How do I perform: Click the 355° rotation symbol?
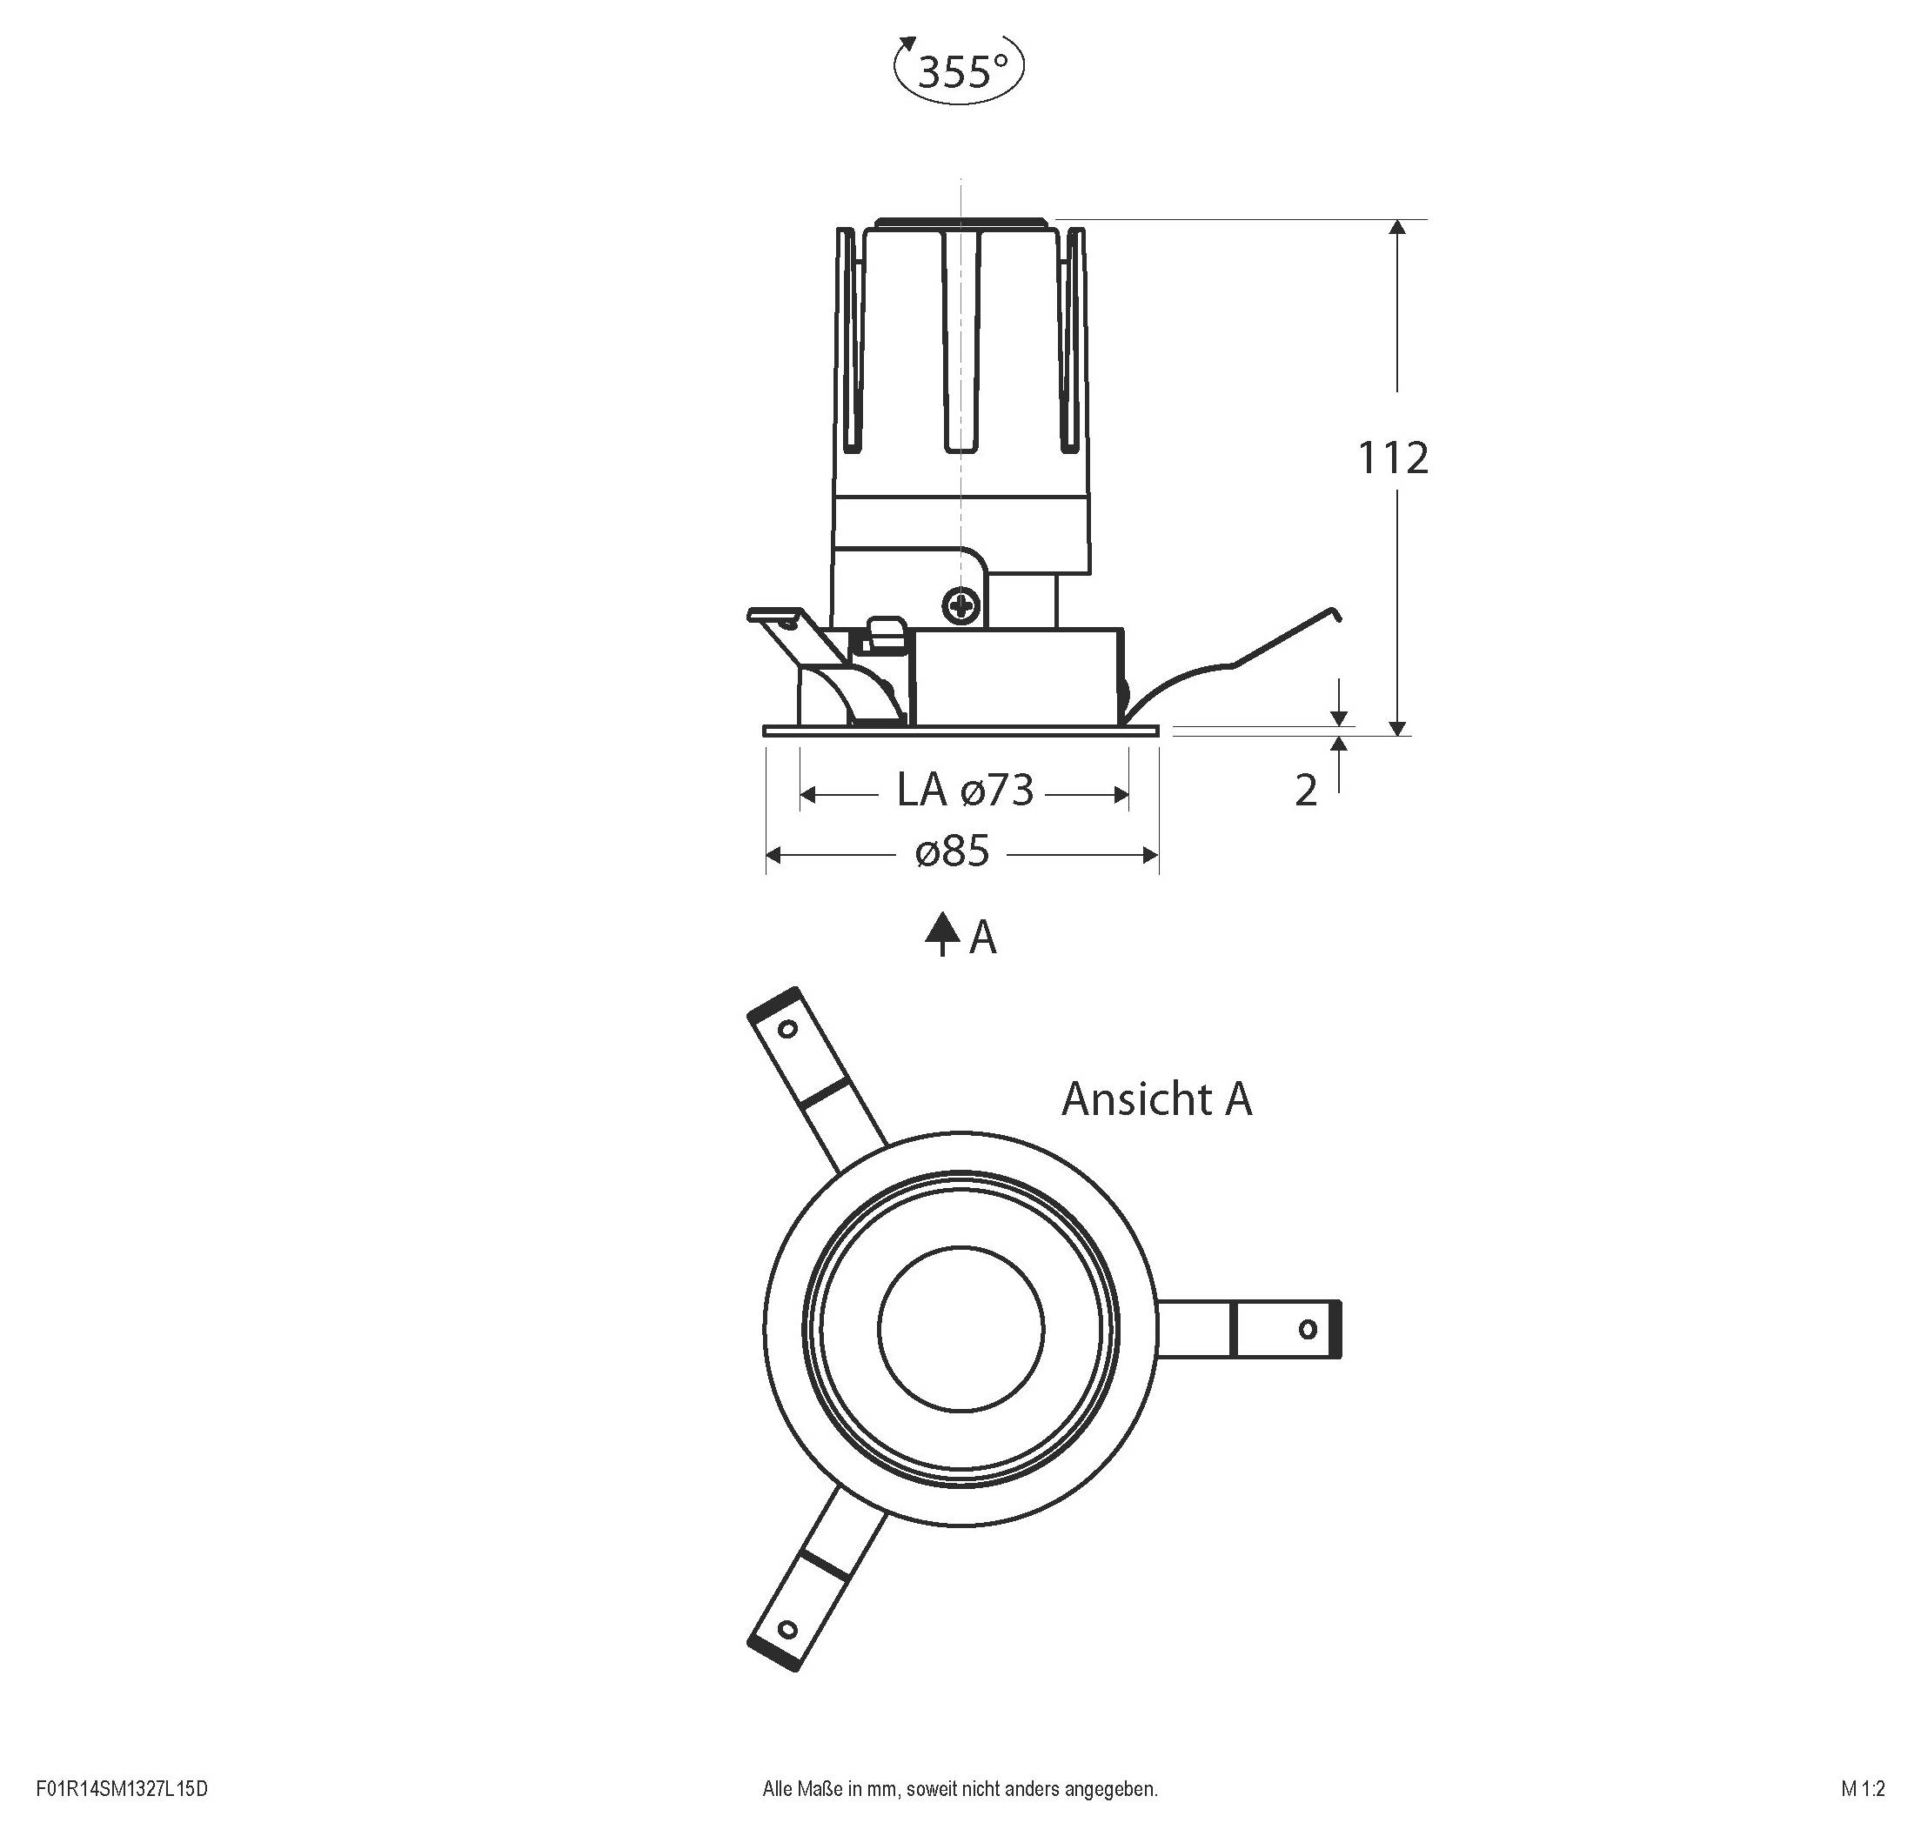959,70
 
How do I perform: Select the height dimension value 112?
1392,458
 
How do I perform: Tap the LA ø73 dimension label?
965,791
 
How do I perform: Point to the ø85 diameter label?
953,852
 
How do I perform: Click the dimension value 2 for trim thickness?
1305,791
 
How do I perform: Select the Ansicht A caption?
1155,1099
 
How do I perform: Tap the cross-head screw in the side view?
960,606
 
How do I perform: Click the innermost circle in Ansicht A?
960,1329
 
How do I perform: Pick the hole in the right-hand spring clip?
1307,1329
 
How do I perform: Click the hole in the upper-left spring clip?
786,1029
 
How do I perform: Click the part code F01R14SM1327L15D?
122,1790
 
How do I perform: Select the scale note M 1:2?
1861,1790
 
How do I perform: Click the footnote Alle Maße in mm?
960,1790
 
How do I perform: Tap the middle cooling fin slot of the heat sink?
960,343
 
